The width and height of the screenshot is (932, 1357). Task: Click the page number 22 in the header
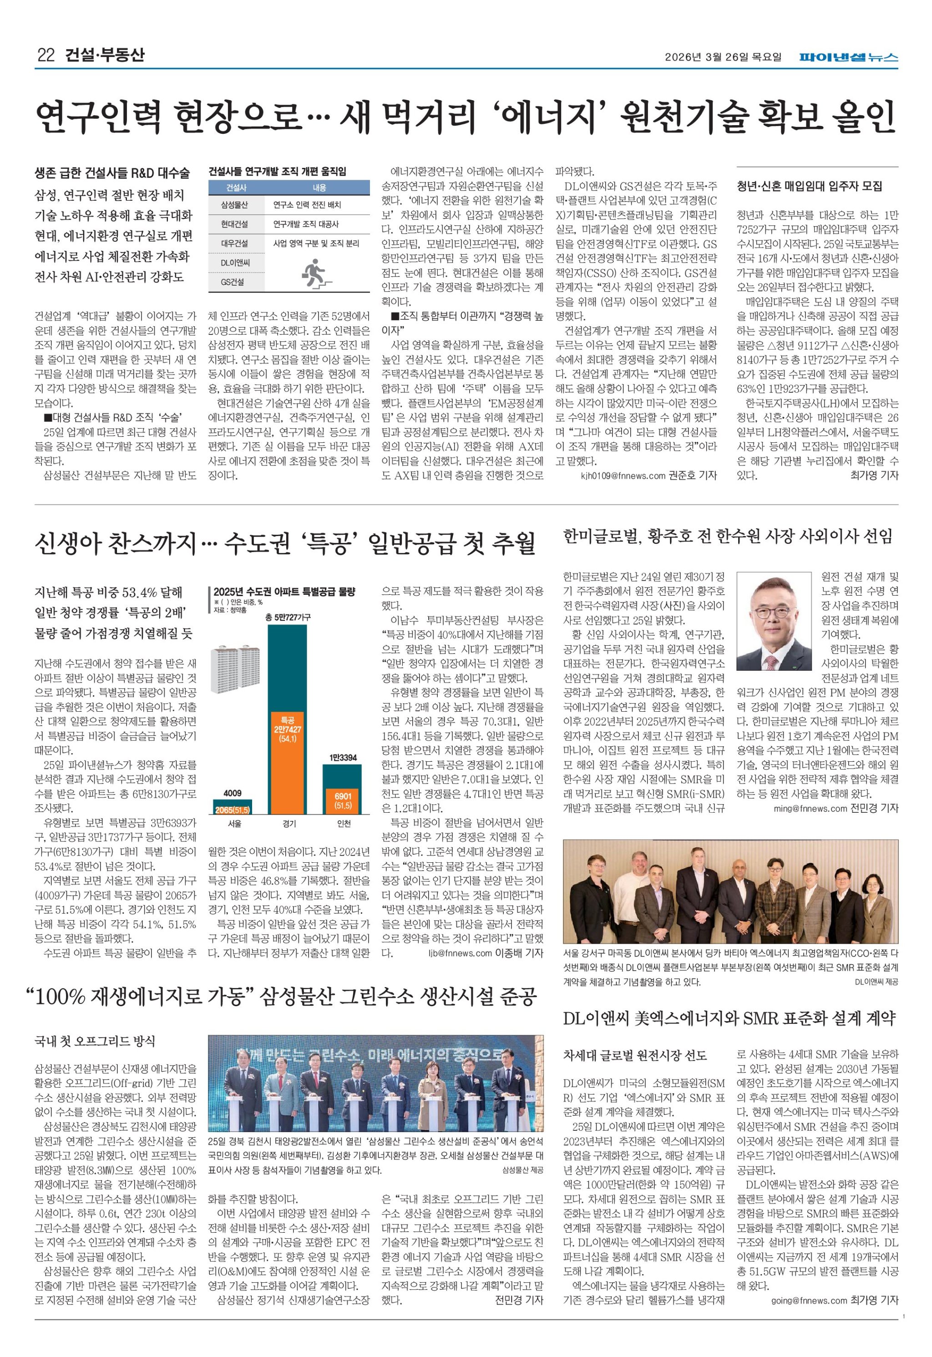click(46, 56)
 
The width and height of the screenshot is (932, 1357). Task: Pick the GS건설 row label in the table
click(233, 282)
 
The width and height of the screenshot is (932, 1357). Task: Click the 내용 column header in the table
click(319, 187)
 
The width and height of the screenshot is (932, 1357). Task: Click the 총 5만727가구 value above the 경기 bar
click(287, 617)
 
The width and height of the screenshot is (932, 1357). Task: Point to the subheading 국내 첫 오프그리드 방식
click(95, 1041)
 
